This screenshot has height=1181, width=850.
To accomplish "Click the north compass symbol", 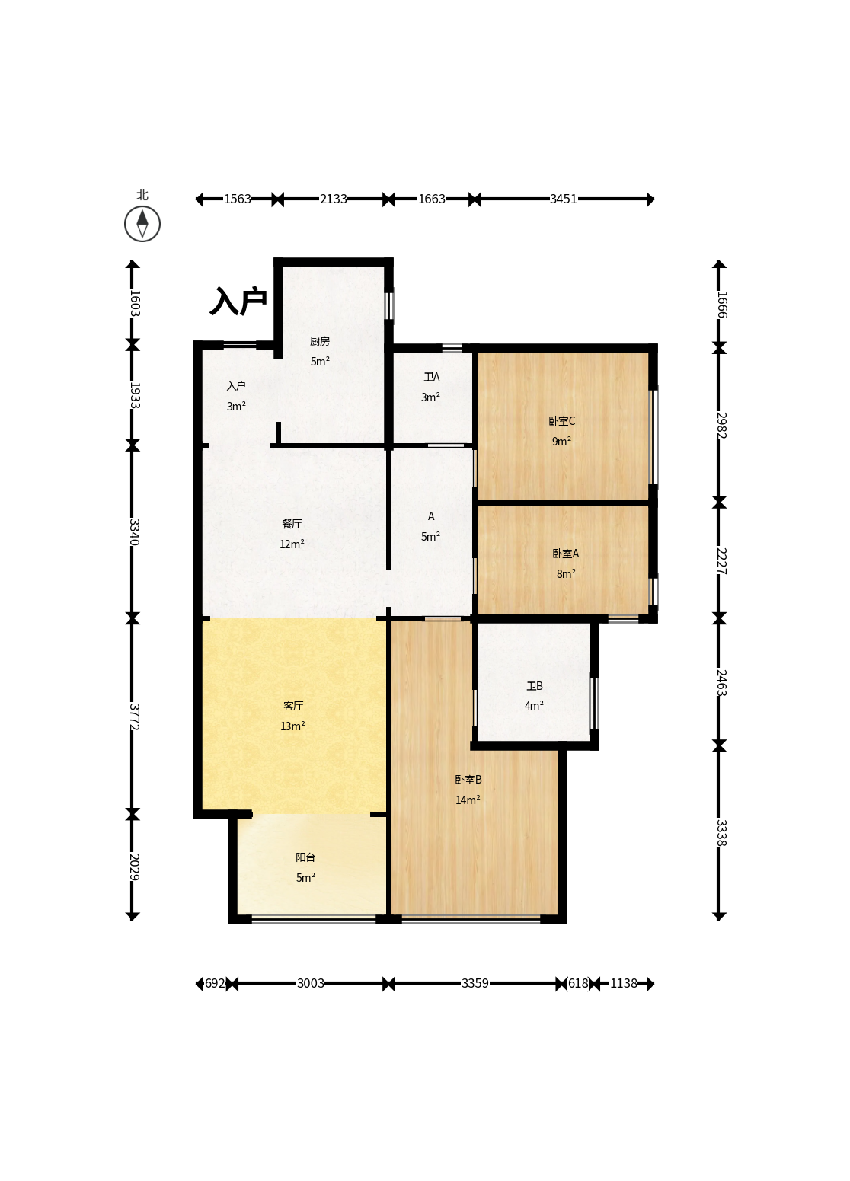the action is (x=142, y=224).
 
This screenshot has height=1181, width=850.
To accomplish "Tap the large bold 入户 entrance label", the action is (x=238, y=301).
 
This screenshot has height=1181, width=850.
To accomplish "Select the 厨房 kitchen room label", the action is (x=320, y=341).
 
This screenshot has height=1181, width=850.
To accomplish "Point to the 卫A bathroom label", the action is (x=431, y=377).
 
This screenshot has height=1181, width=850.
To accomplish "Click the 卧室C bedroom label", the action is (x=561, y=421).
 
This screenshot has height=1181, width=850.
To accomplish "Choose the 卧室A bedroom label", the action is (x=565, y=553).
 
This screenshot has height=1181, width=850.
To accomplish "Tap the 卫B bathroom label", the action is (x=534, y=685).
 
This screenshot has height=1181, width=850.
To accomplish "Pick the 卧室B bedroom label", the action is (x=468, y=779).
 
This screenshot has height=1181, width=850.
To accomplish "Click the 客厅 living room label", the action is (x=293, y=705).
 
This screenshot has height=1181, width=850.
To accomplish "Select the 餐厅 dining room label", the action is (x=292, y=524).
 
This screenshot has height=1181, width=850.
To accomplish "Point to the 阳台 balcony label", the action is (x=305, y=857).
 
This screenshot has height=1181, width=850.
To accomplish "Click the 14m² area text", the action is (x=468, y=800).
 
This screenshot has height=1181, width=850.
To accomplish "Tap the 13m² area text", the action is (x=292, y=726).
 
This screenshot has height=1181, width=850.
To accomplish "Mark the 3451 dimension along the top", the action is (x=563, y=199).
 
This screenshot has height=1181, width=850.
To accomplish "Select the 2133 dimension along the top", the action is (x=334, y=199).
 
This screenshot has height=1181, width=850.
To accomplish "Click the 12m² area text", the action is (x=292, y=544).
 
